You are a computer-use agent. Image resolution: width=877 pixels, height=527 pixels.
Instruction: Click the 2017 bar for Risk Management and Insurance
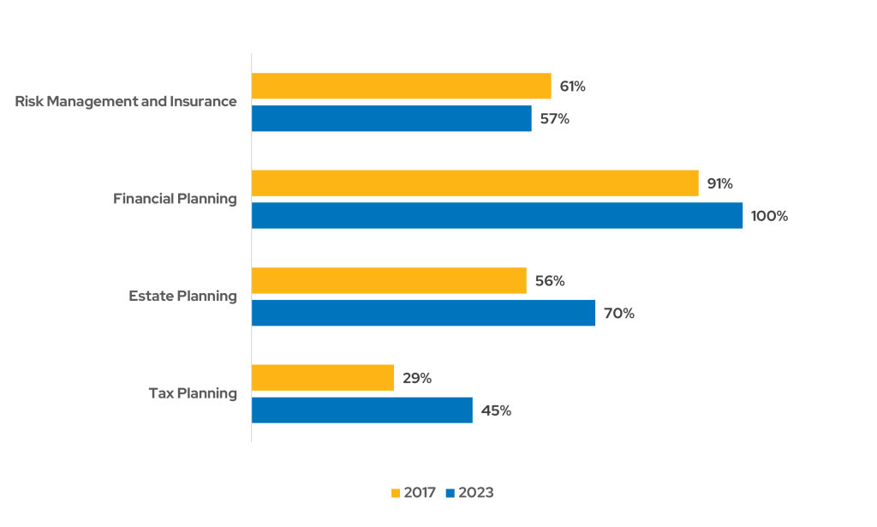401,86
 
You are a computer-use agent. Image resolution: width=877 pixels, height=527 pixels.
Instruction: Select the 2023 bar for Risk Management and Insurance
391,118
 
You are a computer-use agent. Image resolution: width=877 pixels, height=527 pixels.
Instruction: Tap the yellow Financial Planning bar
474,183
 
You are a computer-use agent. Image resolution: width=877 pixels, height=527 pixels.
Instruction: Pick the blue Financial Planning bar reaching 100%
497,216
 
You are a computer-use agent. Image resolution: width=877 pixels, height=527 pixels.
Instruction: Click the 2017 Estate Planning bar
389,281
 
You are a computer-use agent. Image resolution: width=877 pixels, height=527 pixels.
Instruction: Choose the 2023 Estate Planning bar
423,314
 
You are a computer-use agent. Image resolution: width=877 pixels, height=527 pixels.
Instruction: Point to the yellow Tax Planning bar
323,378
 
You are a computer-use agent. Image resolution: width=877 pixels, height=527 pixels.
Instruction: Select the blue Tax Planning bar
362,410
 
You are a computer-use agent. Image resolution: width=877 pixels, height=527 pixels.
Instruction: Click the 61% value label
572,87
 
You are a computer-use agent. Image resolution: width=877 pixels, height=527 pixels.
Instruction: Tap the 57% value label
554,119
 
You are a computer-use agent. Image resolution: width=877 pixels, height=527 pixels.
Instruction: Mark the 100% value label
769,216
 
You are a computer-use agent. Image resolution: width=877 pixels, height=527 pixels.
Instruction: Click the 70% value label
619,314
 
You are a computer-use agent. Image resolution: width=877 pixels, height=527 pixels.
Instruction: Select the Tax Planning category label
193,394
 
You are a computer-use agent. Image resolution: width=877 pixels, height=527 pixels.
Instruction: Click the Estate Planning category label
182,296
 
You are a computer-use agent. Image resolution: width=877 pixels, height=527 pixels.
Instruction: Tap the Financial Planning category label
175,199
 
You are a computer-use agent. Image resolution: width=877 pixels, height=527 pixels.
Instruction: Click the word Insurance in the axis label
203,101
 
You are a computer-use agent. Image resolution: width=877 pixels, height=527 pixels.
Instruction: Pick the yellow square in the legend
396,494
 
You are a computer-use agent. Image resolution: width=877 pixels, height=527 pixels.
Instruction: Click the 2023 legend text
476,494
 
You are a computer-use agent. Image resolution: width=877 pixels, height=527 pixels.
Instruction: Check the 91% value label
719,183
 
